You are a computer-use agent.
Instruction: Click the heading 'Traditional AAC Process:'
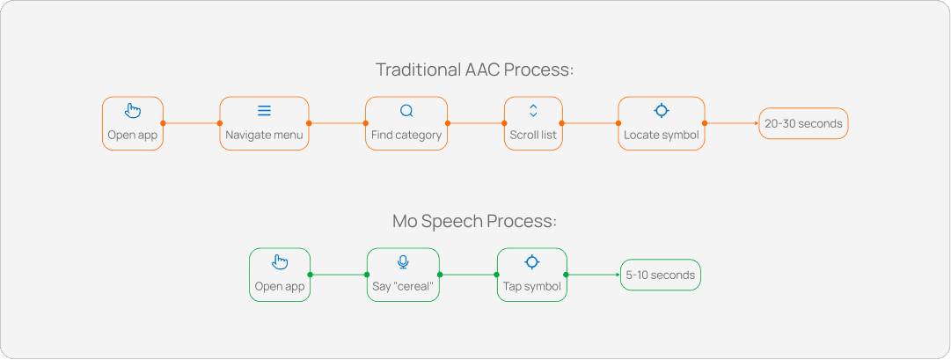tap(475, 70)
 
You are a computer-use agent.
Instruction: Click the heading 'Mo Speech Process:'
tap(475, 221)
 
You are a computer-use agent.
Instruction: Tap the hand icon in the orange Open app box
tap(133, 111)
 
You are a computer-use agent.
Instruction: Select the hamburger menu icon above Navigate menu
tap(264, 111)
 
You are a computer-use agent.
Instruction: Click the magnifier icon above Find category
tap(406, 111)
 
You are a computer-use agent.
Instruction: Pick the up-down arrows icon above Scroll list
tap(533, 111)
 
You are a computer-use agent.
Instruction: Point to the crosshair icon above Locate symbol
tap(662, 111)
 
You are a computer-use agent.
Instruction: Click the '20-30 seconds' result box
tap(803, 123)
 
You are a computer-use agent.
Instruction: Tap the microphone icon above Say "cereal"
tap(403, 262)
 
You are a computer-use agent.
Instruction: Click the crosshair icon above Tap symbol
tap(531, 262)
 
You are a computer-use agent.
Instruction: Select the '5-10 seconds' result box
tap(661, 275)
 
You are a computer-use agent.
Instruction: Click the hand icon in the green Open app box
tap(280, 262)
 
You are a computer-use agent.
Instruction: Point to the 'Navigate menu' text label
tap(264, 136)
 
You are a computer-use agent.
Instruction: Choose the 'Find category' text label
tap(406, 136)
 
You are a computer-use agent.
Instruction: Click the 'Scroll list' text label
tap(533, 136)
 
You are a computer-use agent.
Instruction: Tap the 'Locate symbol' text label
tap(662, 136)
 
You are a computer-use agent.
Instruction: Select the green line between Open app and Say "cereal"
tap(339, 275)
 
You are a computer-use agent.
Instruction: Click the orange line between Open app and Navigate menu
tap(191, 123)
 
